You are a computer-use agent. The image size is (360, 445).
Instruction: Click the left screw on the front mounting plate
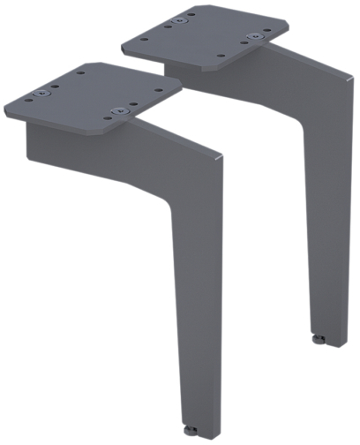pyautogui.click(x=41, y=94)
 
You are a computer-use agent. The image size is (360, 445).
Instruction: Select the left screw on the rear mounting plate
pyautogui.click(x=179, y=19)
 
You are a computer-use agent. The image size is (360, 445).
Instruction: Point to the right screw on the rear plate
pyautogui.click(x=255, y=37)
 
